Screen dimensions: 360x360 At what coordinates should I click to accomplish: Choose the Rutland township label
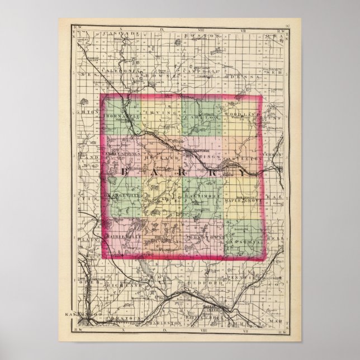click(x=158, y=158)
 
